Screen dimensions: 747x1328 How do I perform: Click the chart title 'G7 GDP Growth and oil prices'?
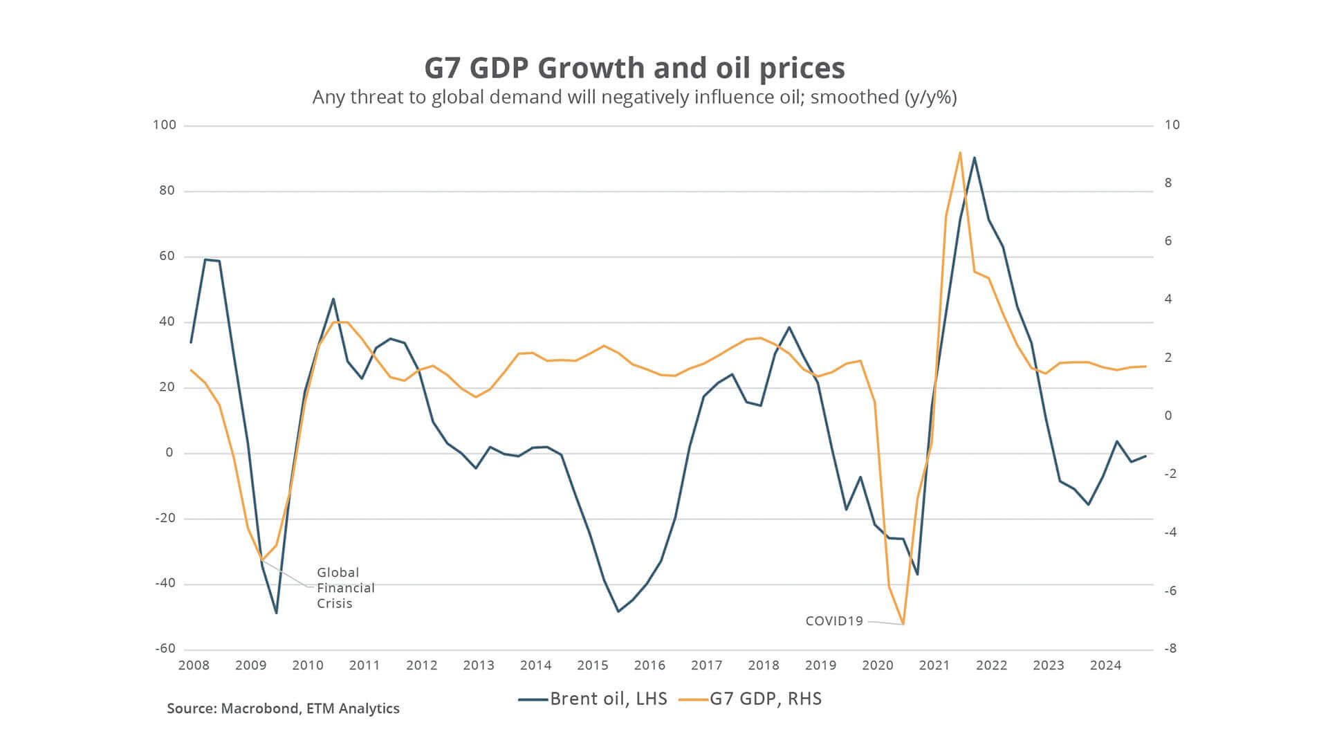click(x=634, y=68)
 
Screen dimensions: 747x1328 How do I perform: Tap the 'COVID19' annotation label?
click(x=834, y=621)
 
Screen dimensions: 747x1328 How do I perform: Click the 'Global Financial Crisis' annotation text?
click(x=345, y=588)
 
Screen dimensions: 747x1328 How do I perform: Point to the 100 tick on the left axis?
click(x=165, y=125)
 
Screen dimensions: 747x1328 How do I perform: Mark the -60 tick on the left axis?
click(x=165, y=649)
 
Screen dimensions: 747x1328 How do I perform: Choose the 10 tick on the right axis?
click(x=1172, y=125)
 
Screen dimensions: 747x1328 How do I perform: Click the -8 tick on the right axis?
click(x=1170, y=649)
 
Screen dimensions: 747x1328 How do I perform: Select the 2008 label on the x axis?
click(x=194, y=665)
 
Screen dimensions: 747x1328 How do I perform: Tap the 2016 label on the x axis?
click(x=649, y=665)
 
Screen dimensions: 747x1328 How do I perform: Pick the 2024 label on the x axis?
click(x=1105, y=665)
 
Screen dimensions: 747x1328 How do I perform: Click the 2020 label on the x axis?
click(x=878, y=665)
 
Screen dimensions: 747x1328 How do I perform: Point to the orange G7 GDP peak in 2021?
click(x=960, y=152)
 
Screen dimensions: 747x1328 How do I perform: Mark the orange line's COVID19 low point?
click(x=903, y=624)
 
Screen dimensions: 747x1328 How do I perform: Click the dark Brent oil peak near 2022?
click(x=975, y=158)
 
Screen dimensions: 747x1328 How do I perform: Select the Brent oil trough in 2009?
click(x=276, y=613)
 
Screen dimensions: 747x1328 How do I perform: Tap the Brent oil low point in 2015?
click(x=618, y=611)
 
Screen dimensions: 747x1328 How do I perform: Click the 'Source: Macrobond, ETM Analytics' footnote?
click(x=283, y=709)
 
